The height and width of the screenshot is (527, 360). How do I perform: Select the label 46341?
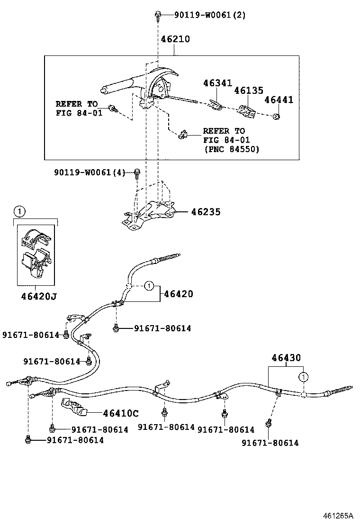[217, 83]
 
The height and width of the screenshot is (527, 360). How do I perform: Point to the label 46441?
[279, 100]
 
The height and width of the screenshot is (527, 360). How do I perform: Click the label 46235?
[206, 212]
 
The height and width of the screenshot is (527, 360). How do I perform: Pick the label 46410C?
[121, 413]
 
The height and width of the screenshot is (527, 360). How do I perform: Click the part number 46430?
[286, 358]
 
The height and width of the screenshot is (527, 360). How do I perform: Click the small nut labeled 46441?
[278, 116]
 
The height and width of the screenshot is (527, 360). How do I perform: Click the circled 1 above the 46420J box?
[18, 211]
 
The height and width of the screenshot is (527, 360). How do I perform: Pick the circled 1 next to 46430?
[302, 377]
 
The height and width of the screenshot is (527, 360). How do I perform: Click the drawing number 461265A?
[338, 516]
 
